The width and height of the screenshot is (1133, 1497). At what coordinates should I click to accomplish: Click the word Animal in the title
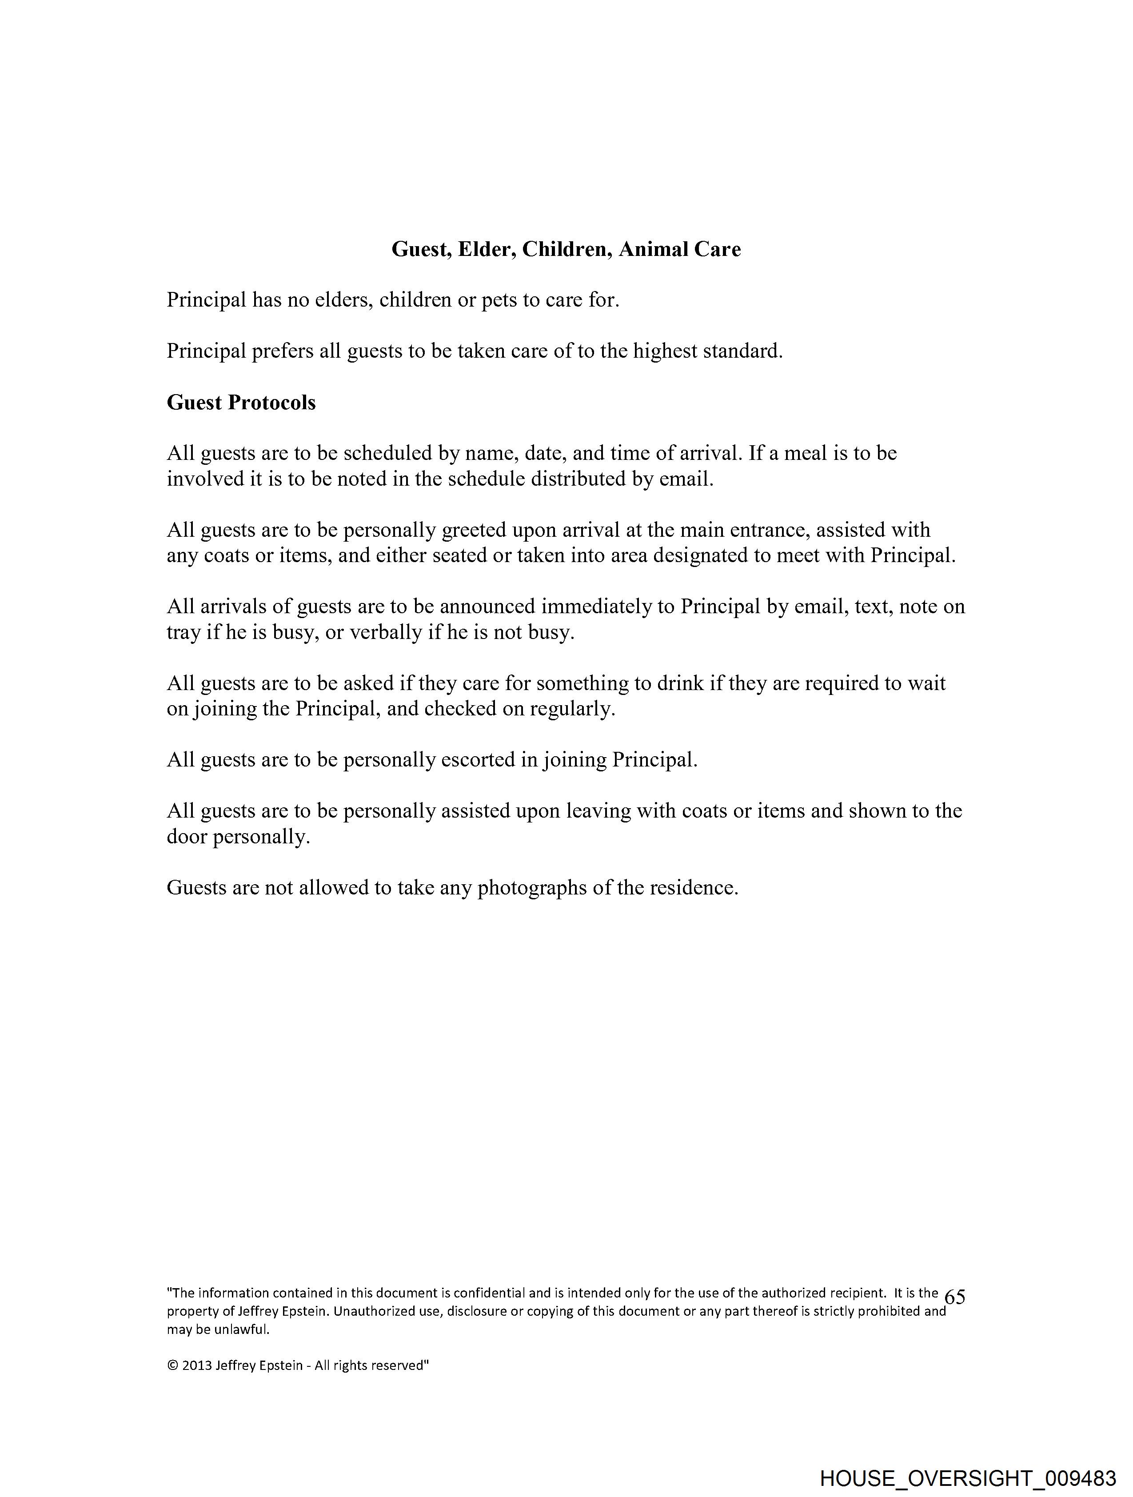click(653, 250)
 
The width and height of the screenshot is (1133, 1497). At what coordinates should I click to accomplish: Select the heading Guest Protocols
click(241, 403)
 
